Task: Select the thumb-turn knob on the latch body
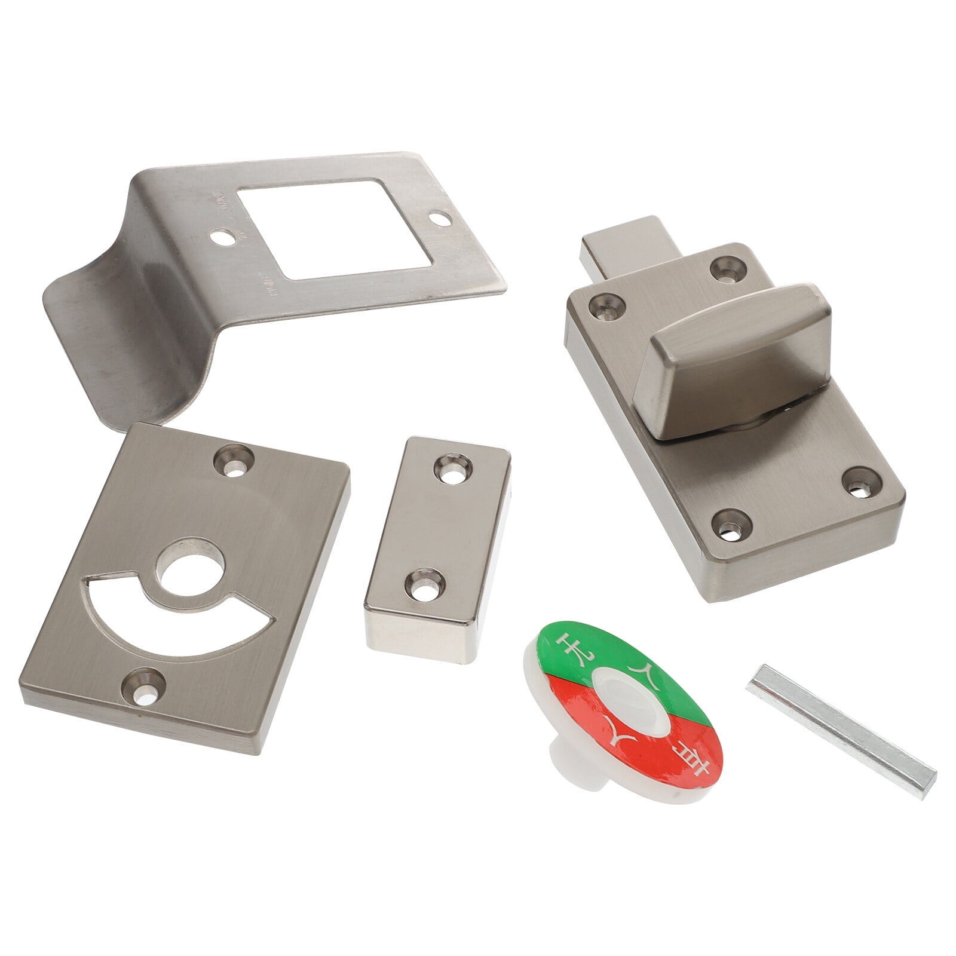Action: tap(741, 358)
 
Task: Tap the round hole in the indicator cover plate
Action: tap(190, 565)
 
